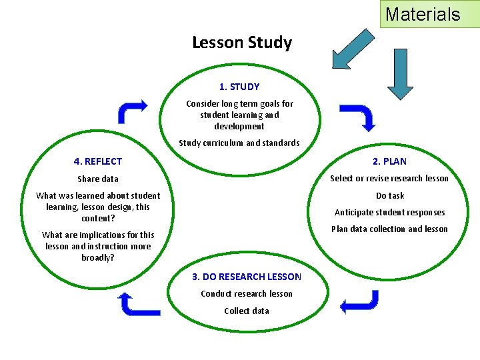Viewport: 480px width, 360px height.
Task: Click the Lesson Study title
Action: [242, 43]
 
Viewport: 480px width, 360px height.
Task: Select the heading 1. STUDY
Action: [239, 87]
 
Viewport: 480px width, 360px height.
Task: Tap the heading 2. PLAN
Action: [389, 161]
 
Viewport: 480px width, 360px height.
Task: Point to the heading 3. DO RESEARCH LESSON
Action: [247, 277]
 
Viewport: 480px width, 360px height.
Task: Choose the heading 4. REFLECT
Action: [98, 161]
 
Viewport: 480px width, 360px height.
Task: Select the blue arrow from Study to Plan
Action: [359, 116]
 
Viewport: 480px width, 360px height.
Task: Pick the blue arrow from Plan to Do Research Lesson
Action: [359, 302]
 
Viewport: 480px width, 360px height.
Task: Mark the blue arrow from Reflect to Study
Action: [132, 111]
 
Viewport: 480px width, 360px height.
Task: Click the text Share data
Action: [98, 179]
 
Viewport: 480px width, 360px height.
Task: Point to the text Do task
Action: [390, 195]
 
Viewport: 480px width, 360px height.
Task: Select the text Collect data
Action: [247, 311]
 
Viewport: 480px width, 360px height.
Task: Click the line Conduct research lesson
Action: [247, 294]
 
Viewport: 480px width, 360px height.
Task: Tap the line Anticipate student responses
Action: [390, 213]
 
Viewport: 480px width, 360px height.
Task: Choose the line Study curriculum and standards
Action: [239, 143]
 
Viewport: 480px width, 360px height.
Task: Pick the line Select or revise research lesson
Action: [389, 178]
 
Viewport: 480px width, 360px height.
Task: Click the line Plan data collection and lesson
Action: [390, 229]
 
